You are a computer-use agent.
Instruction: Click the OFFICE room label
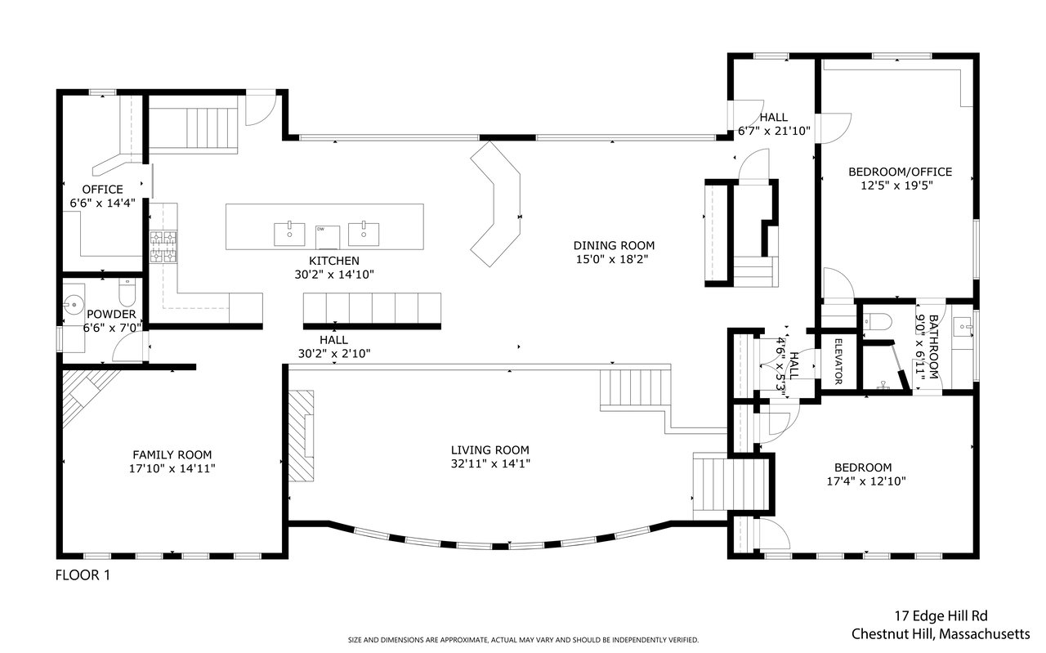[103, 189]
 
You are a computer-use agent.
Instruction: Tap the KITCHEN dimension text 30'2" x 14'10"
[334, 275]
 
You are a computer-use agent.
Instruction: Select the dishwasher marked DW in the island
[328, 237]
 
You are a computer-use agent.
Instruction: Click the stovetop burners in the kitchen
[163, 248]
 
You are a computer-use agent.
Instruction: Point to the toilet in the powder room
[127, 293]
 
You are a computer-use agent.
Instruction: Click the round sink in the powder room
[73, 304]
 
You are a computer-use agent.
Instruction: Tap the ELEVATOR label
[838, 361]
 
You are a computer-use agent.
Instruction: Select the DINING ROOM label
[614, 245]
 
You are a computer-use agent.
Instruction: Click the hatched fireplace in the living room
[302, 436]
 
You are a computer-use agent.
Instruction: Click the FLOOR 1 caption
[83, 575]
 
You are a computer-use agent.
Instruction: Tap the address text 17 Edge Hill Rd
[941, 616]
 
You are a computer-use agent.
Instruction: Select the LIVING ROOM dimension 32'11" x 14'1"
[490, 464]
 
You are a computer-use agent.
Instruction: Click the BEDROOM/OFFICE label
[901, 172]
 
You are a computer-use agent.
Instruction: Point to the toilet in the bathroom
[877, 322]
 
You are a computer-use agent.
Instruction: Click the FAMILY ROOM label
[172, 454]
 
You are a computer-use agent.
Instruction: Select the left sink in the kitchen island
[289, 234]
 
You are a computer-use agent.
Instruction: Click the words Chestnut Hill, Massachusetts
[941, 634]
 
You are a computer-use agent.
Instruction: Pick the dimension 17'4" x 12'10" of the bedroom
[866, 481]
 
